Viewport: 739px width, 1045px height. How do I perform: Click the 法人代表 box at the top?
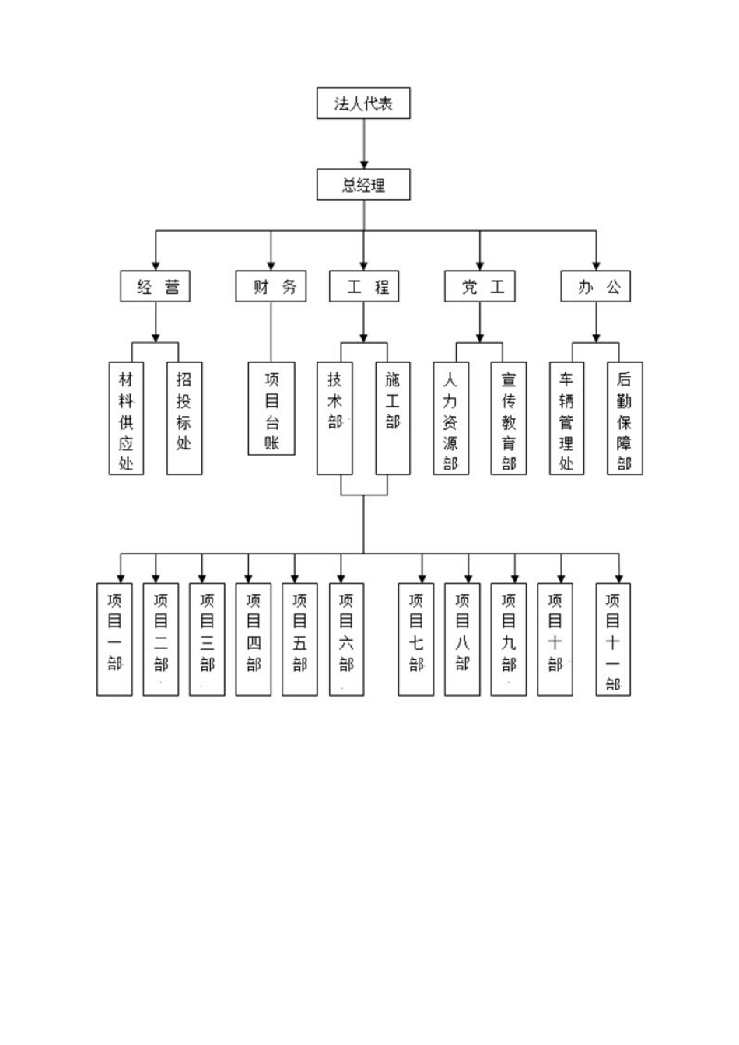363,103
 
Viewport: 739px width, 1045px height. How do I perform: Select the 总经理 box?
363,185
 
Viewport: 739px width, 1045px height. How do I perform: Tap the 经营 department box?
156,286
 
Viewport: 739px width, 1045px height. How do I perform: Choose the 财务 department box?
271,286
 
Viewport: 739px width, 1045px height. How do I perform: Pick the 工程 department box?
363,286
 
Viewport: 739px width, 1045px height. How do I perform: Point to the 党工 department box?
479,286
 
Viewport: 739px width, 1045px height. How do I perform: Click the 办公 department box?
596,286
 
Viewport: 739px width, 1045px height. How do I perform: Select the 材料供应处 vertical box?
126,418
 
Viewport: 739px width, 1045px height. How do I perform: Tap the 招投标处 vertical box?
184,418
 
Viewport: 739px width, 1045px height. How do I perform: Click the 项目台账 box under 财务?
271,408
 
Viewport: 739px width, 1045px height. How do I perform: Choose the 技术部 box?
334,418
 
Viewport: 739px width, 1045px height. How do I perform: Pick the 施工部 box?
393,418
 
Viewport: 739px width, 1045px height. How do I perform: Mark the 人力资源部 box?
450,418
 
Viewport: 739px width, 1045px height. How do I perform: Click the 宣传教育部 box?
509,418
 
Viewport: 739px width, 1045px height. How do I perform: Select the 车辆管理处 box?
566,418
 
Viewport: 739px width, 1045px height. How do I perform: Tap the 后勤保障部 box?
625,418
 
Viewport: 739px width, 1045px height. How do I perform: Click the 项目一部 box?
114,639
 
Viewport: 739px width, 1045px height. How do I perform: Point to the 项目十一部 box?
613,639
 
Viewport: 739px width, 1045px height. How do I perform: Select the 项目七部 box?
416,639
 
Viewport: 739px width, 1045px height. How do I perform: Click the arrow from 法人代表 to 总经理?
363,144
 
